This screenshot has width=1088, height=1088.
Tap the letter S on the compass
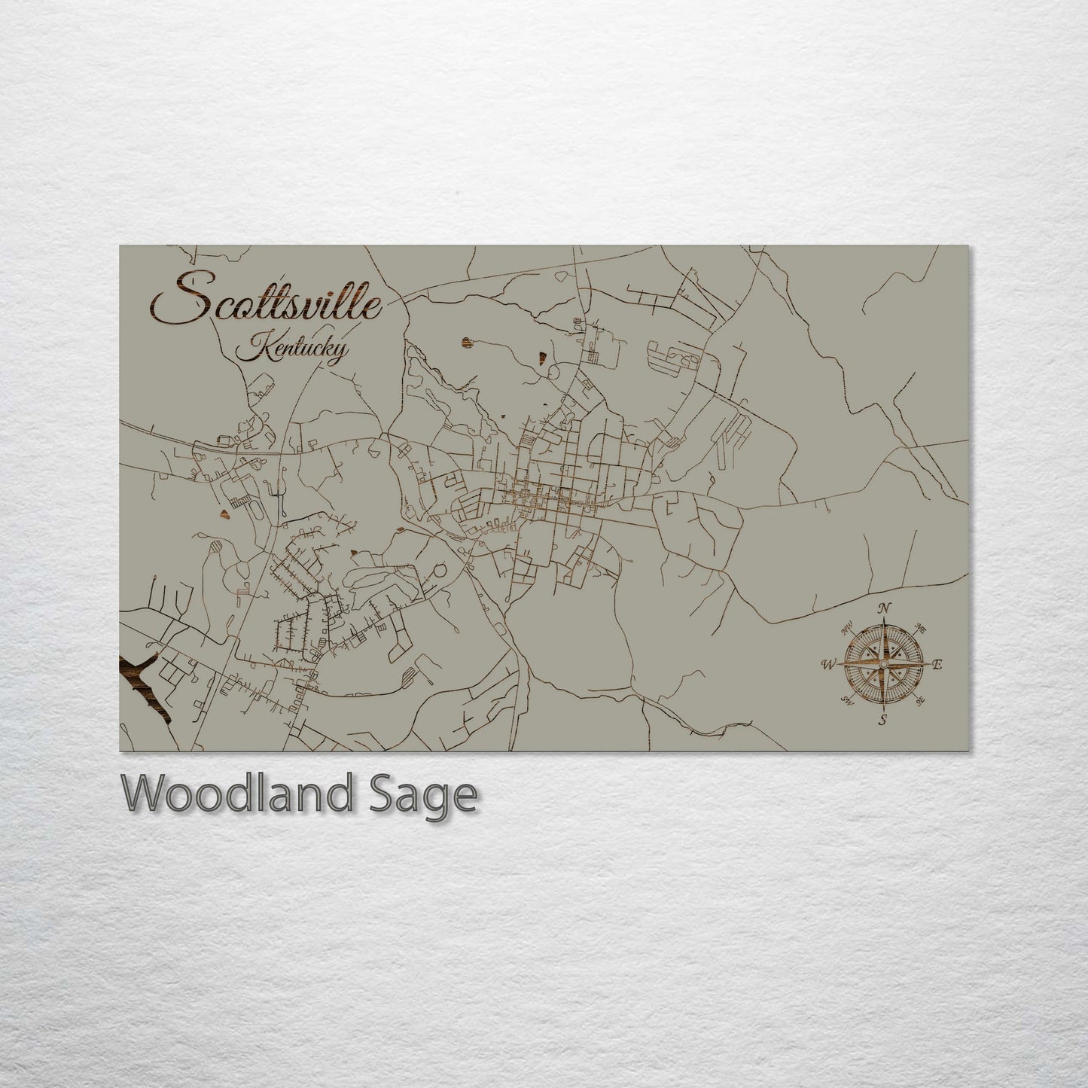point(882,721)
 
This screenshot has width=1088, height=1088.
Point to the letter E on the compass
point(937,664)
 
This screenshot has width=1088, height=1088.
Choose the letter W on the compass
point(828,664)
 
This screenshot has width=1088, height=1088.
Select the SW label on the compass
point(846,702)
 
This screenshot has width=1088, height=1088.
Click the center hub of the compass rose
point(882,664)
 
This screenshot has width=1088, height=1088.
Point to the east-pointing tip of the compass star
point(925,664)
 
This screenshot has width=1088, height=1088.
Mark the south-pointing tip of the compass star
point(882,706)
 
